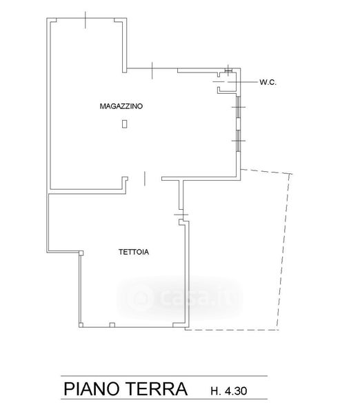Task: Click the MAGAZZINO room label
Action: [121, 106]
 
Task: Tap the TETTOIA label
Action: [134, 252]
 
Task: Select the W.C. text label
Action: [268, 82]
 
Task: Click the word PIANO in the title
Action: [91, 388]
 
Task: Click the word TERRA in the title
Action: [156, 388]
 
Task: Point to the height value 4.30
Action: [236, 391]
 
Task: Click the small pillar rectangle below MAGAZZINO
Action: [125, 124]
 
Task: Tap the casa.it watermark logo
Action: [179, 297]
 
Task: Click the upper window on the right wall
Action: [239, 107]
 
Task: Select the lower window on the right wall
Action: [239, 141]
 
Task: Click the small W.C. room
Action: [228, 82]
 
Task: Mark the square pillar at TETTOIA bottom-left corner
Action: [81, 325]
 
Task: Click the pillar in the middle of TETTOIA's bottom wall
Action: [112, 325]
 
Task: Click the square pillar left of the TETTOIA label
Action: [81, 253]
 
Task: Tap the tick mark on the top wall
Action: [86, 20]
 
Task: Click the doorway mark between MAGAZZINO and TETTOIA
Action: [144, 179]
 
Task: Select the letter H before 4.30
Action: [216, 391]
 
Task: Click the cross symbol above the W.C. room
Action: [228, 70]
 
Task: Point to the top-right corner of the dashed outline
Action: [292, 174]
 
